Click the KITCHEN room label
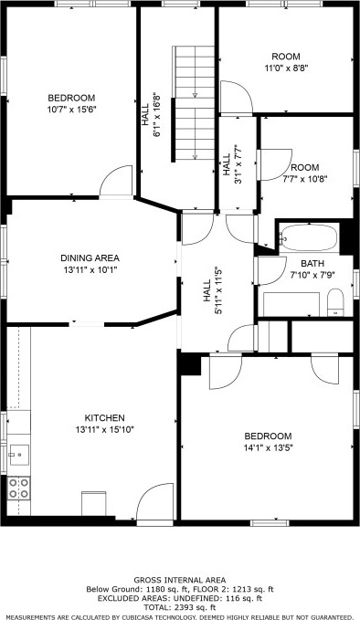pos(105,417)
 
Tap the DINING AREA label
pos(90,258)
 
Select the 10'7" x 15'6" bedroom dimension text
pos(71,110)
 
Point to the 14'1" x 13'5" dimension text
pos(268,448)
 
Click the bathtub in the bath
pos(309,237)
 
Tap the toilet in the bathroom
pos(336,302)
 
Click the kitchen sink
pos(18,455)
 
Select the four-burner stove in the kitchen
pos(18,489)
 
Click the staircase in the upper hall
pos(194,103)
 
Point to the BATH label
pos(312,263)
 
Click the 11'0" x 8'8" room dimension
pos(286,68)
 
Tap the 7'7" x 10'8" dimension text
pos(305,179)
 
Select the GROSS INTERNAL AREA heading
pos(180,581)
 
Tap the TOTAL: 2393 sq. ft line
pos(180,607)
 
